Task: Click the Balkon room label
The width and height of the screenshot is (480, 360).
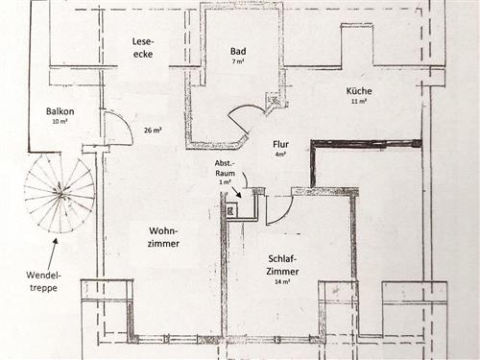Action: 60,111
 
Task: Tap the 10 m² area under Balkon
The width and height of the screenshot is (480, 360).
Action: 60,121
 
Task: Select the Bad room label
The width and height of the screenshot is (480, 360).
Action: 238,51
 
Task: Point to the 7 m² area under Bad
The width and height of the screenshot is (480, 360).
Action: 238,61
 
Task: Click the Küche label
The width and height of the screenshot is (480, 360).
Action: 359,91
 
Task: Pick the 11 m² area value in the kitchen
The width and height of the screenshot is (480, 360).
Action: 359,101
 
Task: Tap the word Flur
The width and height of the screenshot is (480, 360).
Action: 280,144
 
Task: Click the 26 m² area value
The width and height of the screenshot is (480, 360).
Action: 153,131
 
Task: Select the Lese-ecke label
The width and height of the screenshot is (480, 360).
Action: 143,48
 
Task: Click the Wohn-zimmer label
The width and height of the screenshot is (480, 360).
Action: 163,237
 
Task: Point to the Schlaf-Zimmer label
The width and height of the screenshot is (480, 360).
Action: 283,265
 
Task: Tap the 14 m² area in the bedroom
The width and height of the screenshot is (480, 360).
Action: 282,282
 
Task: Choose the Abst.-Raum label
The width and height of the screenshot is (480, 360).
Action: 225,168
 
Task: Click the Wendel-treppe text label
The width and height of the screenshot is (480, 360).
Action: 43,281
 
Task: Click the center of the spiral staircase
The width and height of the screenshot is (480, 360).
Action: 60,194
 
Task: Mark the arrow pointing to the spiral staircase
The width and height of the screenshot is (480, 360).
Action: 53,253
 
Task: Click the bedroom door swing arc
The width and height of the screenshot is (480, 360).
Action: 286,214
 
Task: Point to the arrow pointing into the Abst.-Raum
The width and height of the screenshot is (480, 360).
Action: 236,192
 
